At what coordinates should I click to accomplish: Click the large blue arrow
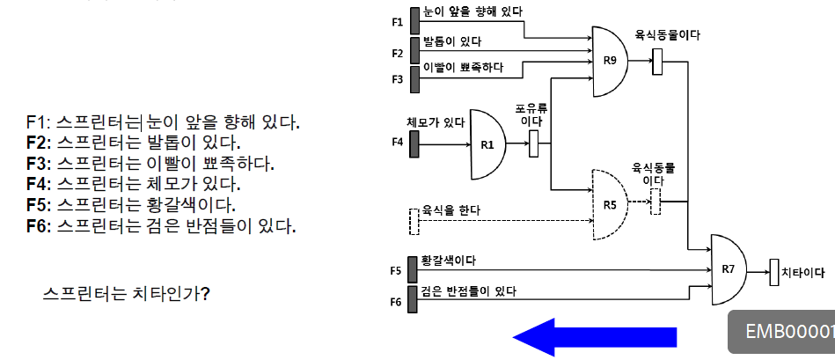[x=595, y=337]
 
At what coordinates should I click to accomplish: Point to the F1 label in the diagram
[x=397, y=21]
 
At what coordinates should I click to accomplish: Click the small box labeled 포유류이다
[x=533, y=143]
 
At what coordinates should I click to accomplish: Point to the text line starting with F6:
[x=161, y=226]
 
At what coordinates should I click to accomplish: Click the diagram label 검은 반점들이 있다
[x=469, y=290]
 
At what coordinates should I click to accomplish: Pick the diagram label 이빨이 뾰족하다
[x=463, y=67]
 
